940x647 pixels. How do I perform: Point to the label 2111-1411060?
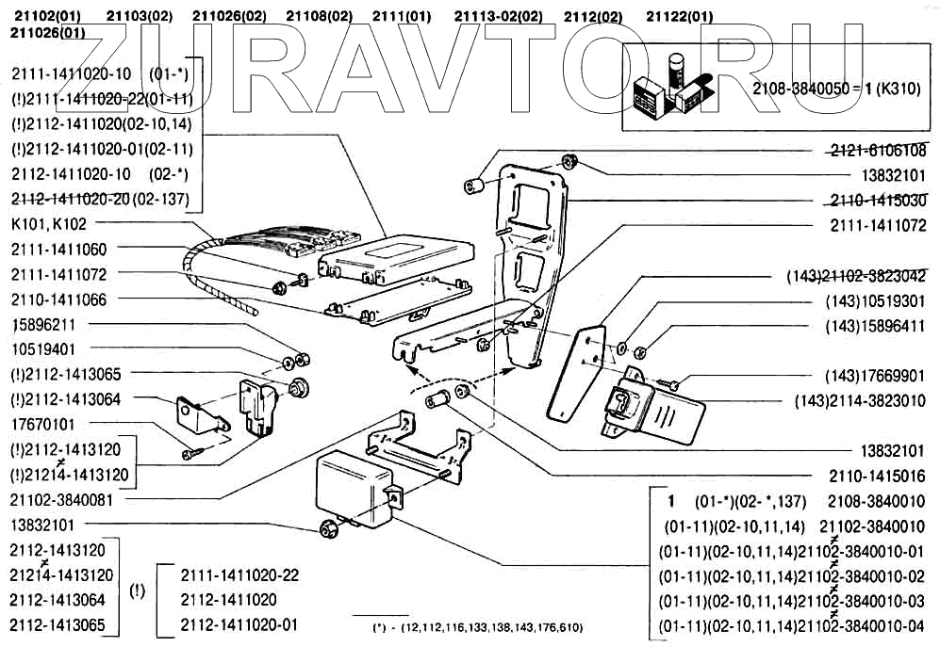coord(58,250)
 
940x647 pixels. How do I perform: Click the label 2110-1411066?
coord(58,299)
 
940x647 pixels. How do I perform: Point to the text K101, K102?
coord(49,225)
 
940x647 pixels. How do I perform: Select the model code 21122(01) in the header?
coord(680,16)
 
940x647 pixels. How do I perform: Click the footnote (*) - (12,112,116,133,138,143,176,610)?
coord(478,627)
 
